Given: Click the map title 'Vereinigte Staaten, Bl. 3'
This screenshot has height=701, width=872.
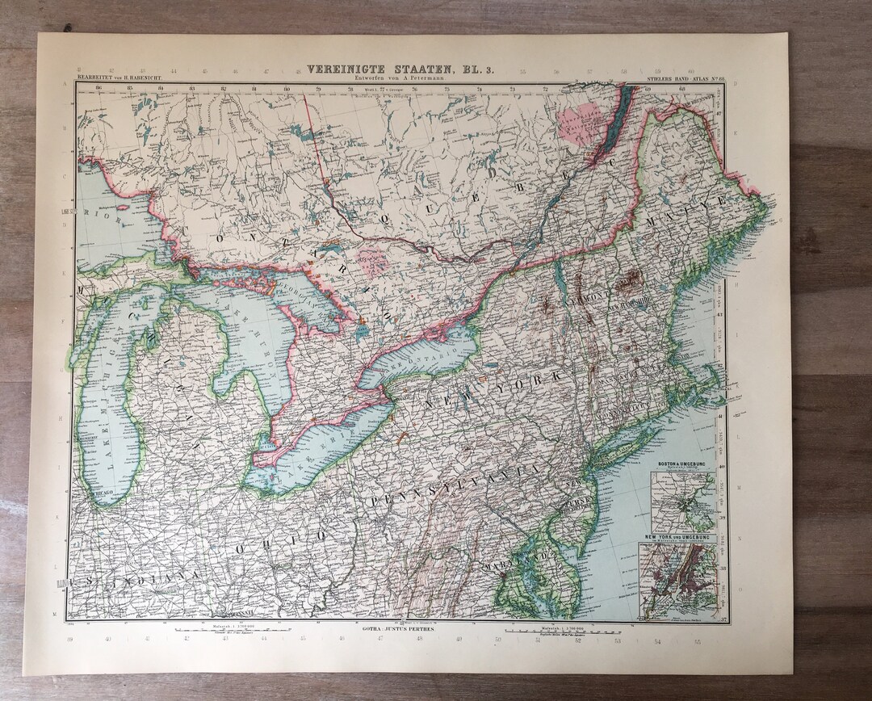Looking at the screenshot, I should tap(400, 71).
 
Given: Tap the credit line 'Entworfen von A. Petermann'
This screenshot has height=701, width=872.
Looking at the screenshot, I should tap(400, 80).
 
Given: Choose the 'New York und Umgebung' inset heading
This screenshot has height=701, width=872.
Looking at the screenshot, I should tap(677, 537).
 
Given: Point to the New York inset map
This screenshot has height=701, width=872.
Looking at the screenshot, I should tap(677, 580).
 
